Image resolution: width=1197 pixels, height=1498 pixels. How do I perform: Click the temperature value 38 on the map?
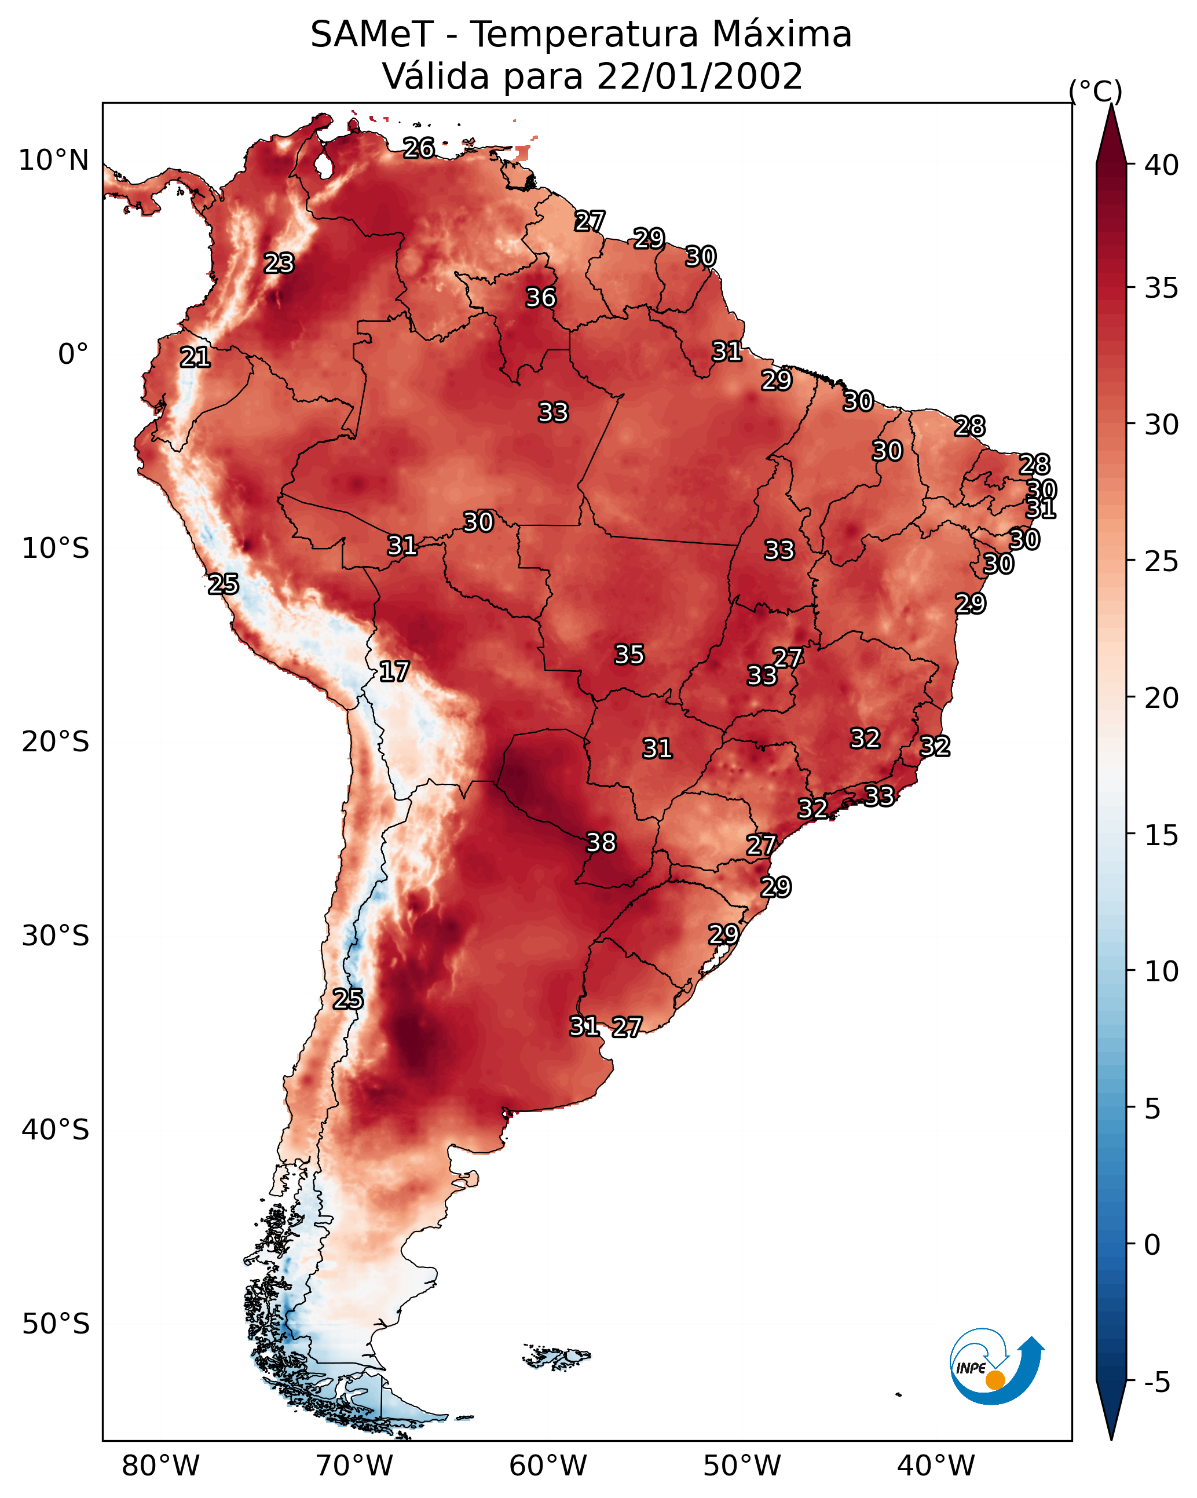[601, 842]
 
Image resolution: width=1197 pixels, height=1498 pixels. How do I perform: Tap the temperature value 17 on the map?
[394, 671]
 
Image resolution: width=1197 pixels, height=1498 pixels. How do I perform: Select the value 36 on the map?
[540, 297]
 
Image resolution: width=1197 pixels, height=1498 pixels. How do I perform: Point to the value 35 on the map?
[629, 654]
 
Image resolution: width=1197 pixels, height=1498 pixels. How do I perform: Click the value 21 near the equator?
[195, 357]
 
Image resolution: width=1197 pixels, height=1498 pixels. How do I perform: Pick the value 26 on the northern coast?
[419, 147]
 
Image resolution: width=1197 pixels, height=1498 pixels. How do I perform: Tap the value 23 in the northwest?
[279, 262]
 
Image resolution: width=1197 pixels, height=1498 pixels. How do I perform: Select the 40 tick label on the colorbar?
[1162, 165]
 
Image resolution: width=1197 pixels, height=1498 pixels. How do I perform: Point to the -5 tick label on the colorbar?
[1156, 1383]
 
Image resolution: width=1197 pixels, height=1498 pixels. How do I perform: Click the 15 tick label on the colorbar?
[1162, 835]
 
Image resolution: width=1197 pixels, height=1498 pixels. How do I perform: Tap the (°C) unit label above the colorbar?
[1096, 91]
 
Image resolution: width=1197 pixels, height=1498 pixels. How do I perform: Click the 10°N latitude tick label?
[53, 160]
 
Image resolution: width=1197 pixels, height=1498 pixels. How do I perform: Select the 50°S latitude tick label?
[56, 1324]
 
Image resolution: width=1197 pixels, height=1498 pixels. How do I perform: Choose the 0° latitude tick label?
[73, 355]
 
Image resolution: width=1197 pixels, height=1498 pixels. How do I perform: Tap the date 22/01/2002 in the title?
[700, 76]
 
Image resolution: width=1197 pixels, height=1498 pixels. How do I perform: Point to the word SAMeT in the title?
[372, 35]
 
